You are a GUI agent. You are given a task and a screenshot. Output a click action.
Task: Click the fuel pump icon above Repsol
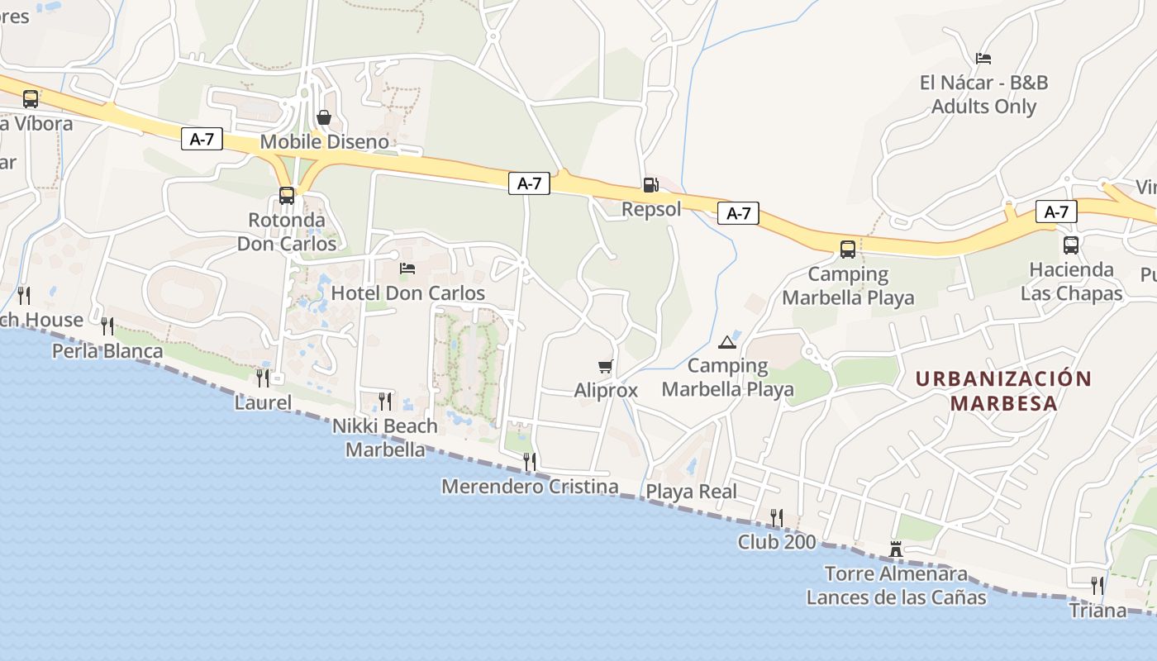[x=650, y=184]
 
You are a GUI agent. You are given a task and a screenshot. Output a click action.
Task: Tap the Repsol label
[x=651, y=209]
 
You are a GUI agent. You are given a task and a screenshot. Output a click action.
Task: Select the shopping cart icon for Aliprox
[x=606, y=366]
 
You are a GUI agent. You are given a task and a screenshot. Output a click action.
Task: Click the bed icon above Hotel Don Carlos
[x=407, y=269]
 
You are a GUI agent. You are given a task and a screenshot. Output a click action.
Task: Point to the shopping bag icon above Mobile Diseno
[x=324, y=117]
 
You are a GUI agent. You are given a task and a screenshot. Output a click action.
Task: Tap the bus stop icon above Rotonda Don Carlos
[x=287, y=196]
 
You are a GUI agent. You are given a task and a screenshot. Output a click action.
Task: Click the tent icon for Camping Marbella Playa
[x=727, y=342]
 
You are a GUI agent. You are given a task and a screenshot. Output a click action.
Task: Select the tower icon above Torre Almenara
[x=895, y=549]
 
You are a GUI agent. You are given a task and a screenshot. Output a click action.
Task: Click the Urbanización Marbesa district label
[x=1004, y=391]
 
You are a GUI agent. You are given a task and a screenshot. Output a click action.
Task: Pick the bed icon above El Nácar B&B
[x=983, y=58]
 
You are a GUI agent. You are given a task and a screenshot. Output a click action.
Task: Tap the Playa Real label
[x=691, y=492]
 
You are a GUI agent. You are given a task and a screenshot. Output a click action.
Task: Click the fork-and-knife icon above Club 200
[x=776, y=517]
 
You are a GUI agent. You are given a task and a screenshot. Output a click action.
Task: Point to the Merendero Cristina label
[x=530, y=487]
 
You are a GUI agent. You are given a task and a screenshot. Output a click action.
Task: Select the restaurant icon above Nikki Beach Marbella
[x=385, y=402]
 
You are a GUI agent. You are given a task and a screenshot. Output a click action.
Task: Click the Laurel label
[x=263, y=402]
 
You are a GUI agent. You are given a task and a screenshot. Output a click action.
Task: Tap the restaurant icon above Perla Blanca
[x=107, y=326]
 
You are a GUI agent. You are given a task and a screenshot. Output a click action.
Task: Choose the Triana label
[x=1097, y=611]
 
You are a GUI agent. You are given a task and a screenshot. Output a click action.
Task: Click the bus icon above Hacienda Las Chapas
[x=1071, y=245]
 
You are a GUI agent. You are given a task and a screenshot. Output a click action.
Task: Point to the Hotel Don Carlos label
[x=408, y=293]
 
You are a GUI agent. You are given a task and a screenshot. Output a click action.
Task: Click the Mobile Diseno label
[x=324, y=141]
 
